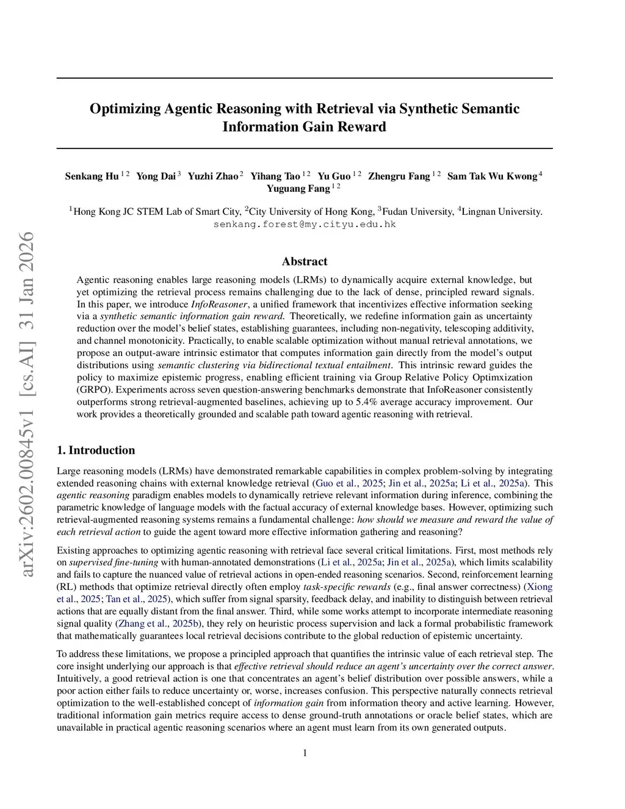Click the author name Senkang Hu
pos(92,176)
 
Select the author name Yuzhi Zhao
pos(212,176)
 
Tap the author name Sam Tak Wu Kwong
pos(492,176)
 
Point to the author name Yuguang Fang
pos(298,189)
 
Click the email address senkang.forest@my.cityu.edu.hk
pos(305,225)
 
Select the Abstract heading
pos(305,261)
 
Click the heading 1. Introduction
pos(96,451)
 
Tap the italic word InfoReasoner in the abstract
pos(219,304)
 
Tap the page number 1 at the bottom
pos(305,753)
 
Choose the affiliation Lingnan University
pos(501,212)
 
